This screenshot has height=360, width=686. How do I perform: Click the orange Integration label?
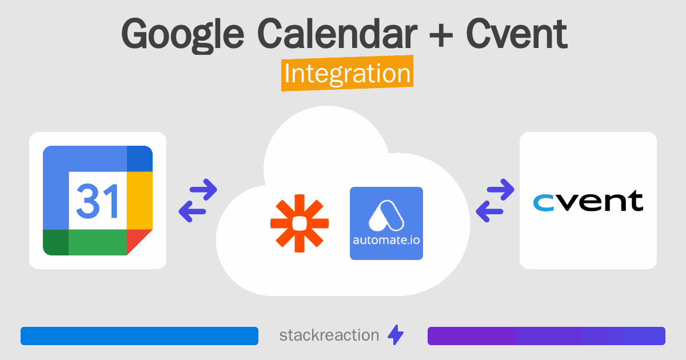(x=347, y=75)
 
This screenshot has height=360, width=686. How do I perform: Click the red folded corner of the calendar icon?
(x=139, y=241)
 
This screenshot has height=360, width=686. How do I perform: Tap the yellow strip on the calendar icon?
(x=139, y=200)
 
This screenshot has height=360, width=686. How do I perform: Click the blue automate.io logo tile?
(x=386, y=223)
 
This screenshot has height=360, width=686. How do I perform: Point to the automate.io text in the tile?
(x=386, y=240)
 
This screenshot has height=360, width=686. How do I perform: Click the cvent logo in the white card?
(x=588, y=201)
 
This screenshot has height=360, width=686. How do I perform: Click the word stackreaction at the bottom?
(x=329, y=335)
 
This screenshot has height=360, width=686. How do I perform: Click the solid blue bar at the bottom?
(x=139, y=336)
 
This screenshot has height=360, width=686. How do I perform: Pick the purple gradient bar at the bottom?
(x=546, y=336)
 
